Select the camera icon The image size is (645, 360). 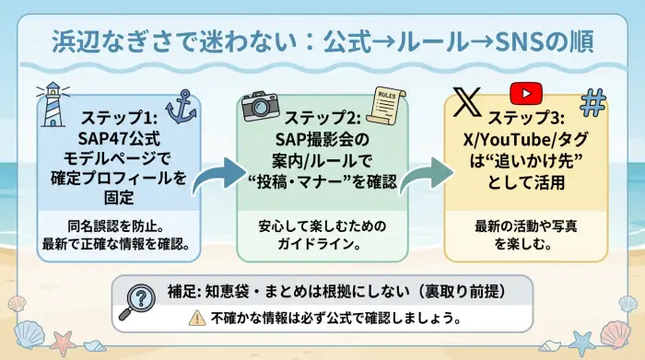coord(260,105)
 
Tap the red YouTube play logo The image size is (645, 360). coord(525,94)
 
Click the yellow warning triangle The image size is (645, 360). coord(196,318)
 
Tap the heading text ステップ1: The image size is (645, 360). coord(121,121)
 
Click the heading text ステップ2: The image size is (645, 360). coord(322,121)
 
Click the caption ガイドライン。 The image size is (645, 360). coord(322,244)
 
